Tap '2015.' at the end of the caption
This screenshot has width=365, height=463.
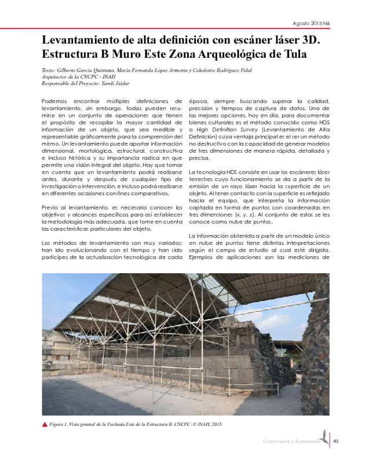pyautogui.click(x=215, y=424)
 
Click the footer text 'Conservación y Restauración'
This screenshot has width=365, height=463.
pyautogui.click(x=291, y=443)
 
